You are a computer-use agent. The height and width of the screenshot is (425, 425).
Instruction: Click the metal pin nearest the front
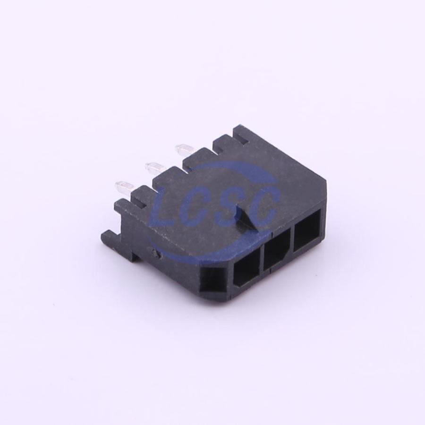[125, 187]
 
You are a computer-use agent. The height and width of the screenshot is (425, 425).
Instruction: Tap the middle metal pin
[155, 166]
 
